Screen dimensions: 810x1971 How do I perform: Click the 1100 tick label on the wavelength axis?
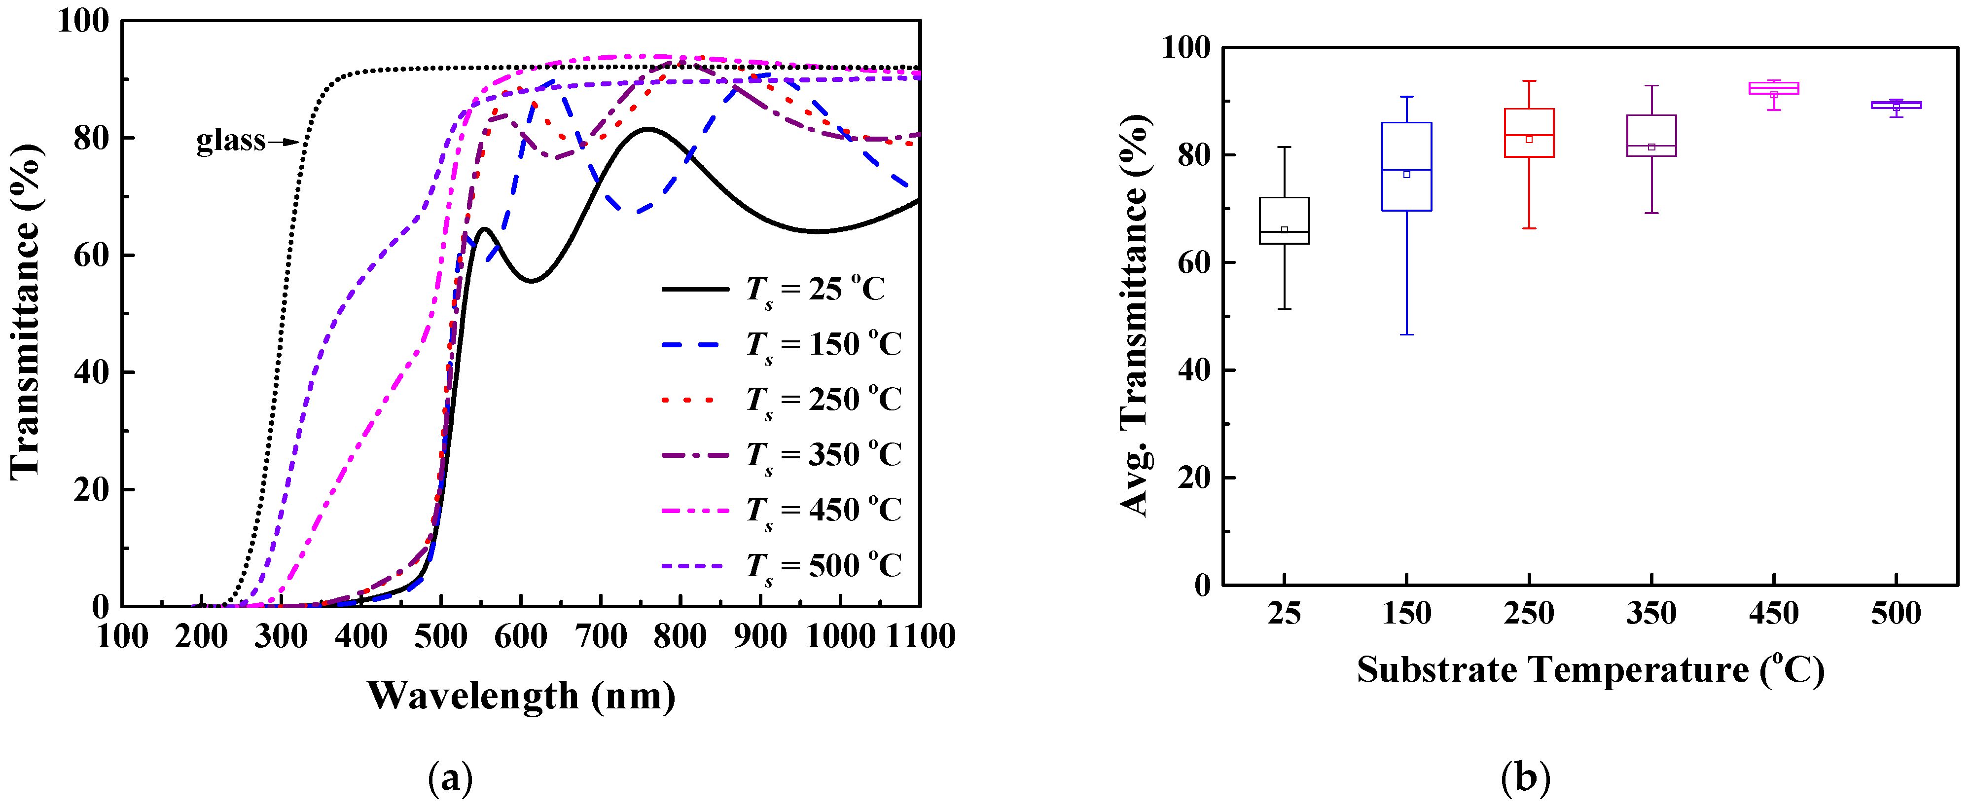pyautogui.click(x=921, y=636)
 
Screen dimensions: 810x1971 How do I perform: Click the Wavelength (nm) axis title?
pyautogui.click(x=521, y=695)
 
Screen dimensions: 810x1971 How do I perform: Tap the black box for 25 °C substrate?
pyautogui.click(x=1284, y=221)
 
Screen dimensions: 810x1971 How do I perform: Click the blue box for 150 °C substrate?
pyautogui.click(x=1406, y=166)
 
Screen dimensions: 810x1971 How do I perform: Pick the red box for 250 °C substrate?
pyautogui.click(x=1529, y=132)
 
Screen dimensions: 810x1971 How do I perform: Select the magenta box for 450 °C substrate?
pyautogui.click(x=1774, y=88)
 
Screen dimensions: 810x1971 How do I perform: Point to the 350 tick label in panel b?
pyautogui.click(x=1651, y=613)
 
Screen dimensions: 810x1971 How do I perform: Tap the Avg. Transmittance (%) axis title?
pyautogui.click(x=1135, y=315)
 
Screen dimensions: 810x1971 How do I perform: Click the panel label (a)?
pyautogui.click(x=450, y=778)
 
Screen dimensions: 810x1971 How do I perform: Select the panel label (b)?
pyautogui.click(x=1525, y=778)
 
